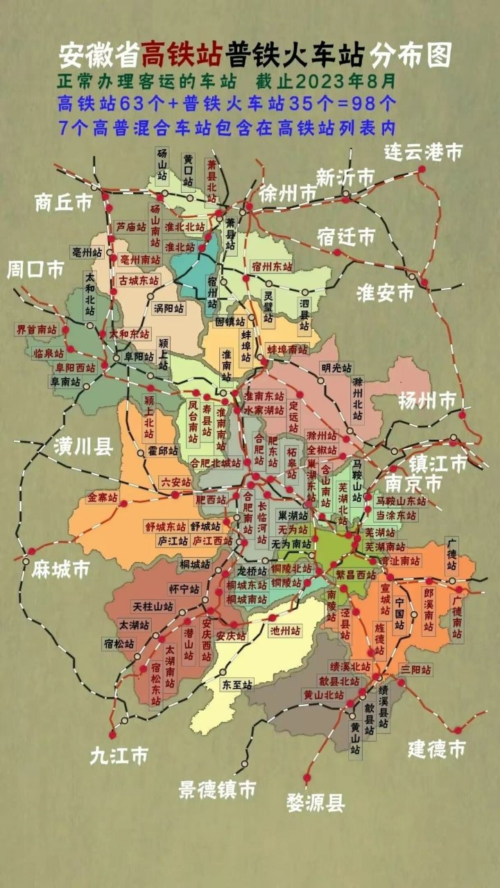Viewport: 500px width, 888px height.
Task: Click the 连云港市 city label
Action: point(424,152)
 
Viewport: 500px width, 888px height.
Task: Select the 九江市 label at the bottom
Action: point(119,755)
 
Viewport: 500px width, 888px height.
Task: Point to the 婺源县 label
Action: point(316,803)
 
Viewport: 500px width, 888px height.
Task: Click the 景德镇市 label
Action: point(217,789)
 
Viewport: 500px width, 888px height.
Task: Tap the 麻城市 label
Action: point(60,570)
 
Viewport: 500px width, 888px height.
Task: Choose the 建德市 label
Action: point(436,749)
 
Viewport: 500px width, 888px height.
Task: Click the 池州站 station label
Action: point(286,631)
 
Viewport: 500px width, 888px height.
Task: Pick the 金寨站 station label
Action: point(102,497)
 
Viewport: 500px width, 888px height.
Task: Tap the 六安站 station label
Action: point(175,481)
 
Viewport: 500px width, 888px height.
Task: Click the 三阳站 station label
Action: point(416,669)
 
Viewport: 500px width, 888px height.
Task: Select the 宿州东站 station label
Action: point(272,266)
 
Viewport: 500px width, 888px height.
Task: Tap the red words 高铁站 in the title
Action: point(182,54)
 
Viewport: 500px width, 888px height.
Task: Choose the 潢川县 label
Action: point(84,447)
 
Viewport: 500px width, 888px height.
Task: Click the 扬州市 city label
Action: point(427,400)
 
